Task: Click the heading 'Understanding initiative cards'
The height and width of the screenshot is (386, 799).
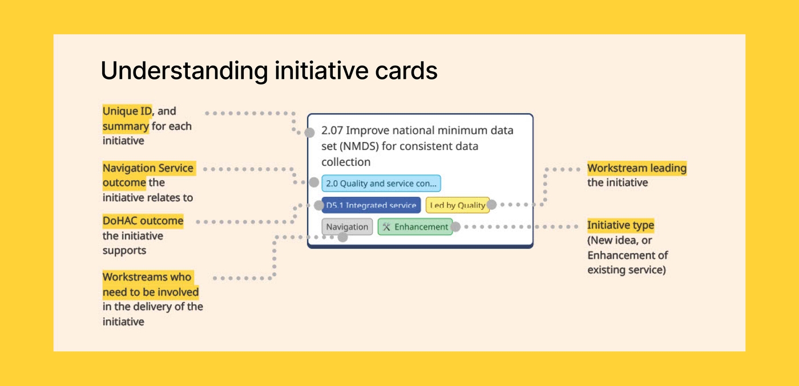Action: pos(269,71)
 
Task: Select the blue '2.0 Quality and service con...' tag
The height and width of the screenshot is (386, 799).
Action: pos(381,184)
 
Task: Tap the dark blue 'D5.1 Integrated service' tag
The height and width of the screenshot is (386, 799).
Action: pos(371,205)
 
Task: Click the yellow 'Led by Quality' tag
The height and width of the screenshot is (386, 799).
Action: pos(457,205)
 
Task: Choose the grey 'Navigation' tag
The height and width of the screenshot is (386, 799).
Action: pos(347,227)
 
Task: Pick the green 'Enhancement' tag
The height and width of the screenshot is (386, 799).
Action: pos(415,227)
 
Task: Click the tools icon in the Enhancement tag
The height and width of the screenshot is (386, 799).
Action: pos(386,227)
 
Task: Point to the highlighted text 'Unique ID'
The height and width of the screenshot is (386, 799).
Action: pos(127,111)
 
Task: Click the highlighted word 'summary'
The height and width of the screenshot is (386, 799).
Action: pos(126,126)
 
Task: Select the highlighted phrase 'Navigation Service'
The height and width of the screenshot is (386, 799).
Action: pos(148,168)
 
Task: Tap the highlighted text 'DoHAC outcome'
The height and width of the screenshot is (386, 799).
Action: pos(143,221)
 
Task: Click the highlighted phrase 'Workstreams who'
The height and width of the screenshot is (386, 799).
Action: pos(147,277)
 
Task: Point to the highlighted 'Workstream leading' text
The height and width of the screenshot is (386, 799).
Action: pos(636,168)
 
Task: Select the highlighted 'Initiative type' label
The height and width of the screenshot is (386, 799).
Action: pos(620,225)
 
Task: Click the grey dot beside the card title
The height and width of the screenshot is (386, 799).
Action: pos(309,133)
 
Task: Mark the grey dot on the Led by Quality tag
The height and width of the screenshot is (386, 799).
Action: pos(491,205)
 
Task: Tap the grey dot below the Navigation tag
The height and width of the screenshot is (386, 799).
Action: pos(342,237)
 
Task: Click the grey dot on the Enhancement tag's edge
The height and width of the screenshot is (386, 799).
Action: pos(455,227)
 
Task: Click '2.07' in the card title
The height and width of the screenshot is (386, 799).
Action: pos(332,131)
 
